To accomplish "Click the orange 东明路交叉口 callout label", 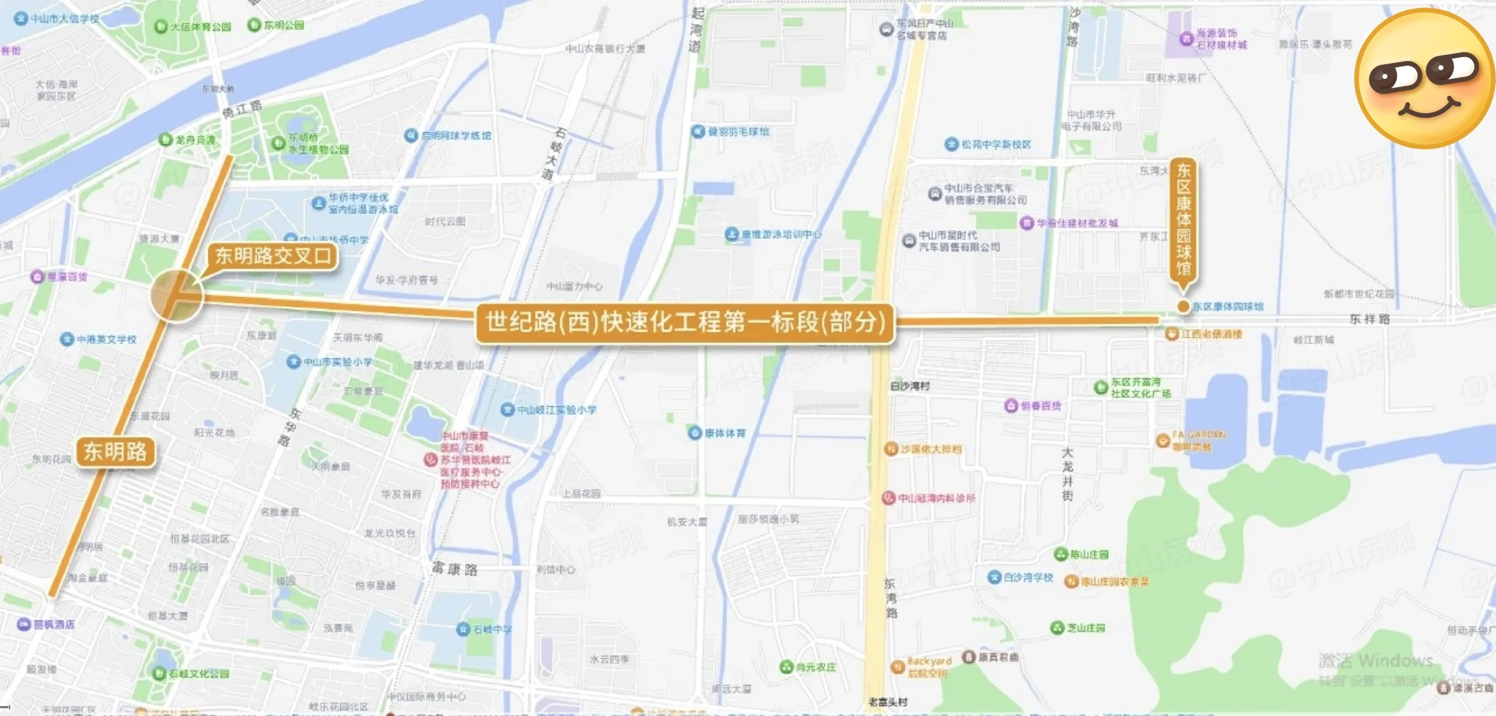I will pyautogui.click(x=272, y=256).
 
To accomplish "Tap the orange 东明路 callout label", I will pyautogui.click(x=115, y=451).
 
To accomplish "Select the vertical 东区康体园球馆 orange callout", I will pyautogui.click(x=1183, y=219).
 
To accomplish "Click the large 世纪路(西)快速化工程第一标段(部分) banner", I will pyautogui.click(x=685, y=322).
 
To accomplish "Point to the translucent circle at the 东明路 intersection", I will pyautogui.click(x=176, y=296).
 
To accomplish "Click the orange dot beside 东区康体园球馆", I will pyautogui.click(x=1183, y=306).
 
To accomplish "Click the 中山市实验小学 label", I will pyautogui.click(x=337, y=362).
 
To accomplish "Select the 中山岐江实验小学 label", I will pyautogui.click(x=556, y=410).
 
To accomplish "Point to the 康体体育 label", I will pyautogui.click(x=724, y=433).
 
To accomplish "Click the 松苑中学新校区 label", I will pyautogui.click(x=995, y=144).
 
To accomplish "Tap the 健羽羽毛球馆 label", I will pyautogui.click(x=737, y=131).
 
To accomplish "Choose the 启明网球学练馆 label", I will pyautogui.click(x=455, y=135).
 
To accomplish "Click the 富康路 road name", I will pyautogui.click(x=454, y=569).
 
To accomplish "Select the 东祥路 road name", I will pyautogui.click(x=1369, y=319).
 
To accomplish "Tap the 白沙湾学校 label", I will pyautogui.click(x=1027, y=577).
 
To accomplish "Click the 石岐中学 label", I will pyautogui.click(x=491, y=628).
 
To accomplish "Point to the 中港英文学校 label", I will pyautogui.click(x=105, y=339).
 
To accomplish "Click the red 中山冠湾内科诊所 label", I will pyautogui.click(x=935, y=497).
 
